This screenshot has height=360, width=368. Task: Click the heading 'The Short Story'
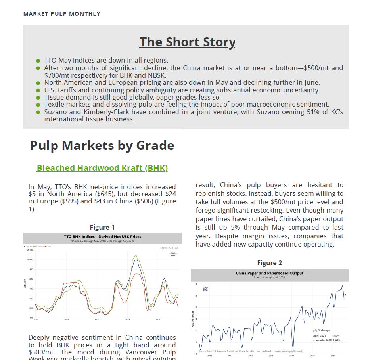[187, 42]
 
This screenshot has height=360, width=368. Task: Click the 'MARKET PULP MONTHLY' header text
[62, 14]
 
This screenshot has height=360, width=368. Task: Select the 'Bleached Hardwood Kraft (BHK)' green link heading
[102, 168]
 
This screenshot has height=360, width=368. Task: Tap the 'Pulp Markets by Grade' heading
[102, 146]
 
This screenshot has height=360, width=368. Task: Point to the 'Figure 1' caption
[102, 227]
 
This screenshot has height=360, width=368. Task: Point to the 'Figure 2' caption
[269, 263]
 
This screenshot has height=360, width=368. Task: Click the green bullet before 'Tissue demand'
[38, 98]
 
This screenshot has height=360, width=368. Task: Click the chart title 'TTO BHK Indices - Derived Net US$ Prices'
[102, 237]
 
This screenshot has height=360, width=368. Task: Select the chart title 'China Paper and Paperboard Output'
[269, 273]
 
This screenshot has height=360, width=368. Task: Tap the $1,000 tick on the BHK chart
[30, 260]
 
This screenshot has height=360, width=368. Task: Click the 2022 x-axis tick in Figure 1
[127, 319]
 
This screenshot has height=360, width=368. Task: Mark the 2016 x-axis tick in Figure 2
[251, 356]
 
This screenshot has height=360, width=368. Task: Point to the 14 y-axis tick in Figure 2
[196, 284]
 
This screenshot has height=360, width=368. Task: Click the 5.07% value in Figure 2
[336, 341]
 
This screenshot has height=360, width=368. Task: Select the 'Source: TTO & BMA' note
[169, 247]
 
